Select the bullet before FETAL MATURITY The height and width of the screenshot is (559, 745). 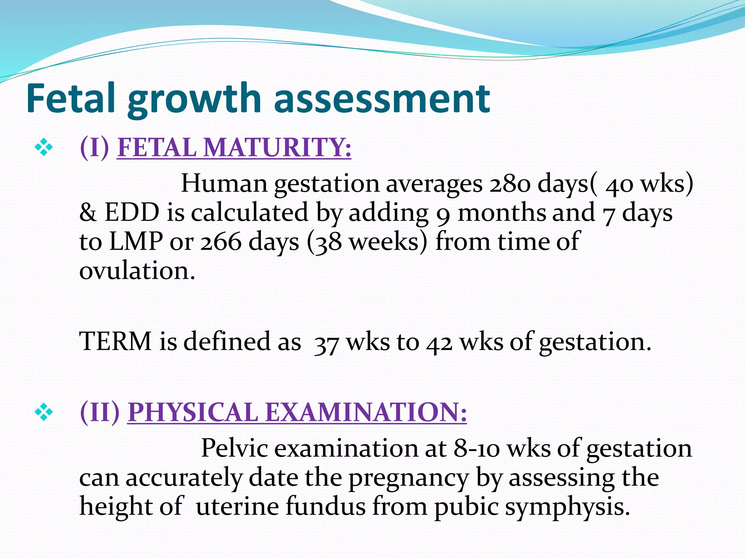(x=44, y=148)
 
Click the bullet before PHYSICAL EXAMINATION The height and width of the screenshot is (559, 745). (x=44, y=412)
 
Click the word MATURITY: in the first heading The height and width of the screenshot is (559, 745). (x=277, y=148)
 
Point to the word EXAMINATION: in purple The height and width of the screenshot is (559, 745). (x=366, y=412)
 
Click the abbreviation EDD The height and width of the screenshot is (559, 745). (x=132, y=213)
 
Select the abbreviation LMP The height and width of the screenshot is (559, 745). (x=136, y=242)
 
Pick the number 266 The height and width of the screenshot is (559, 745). (x=220, y=242)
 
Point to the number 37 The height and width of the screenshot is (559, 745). (x=327, y=343)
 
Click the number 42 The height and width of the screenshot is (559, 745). (x=439, y=343)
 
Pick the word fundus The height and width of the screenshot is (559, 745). (x=325, y=506)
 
